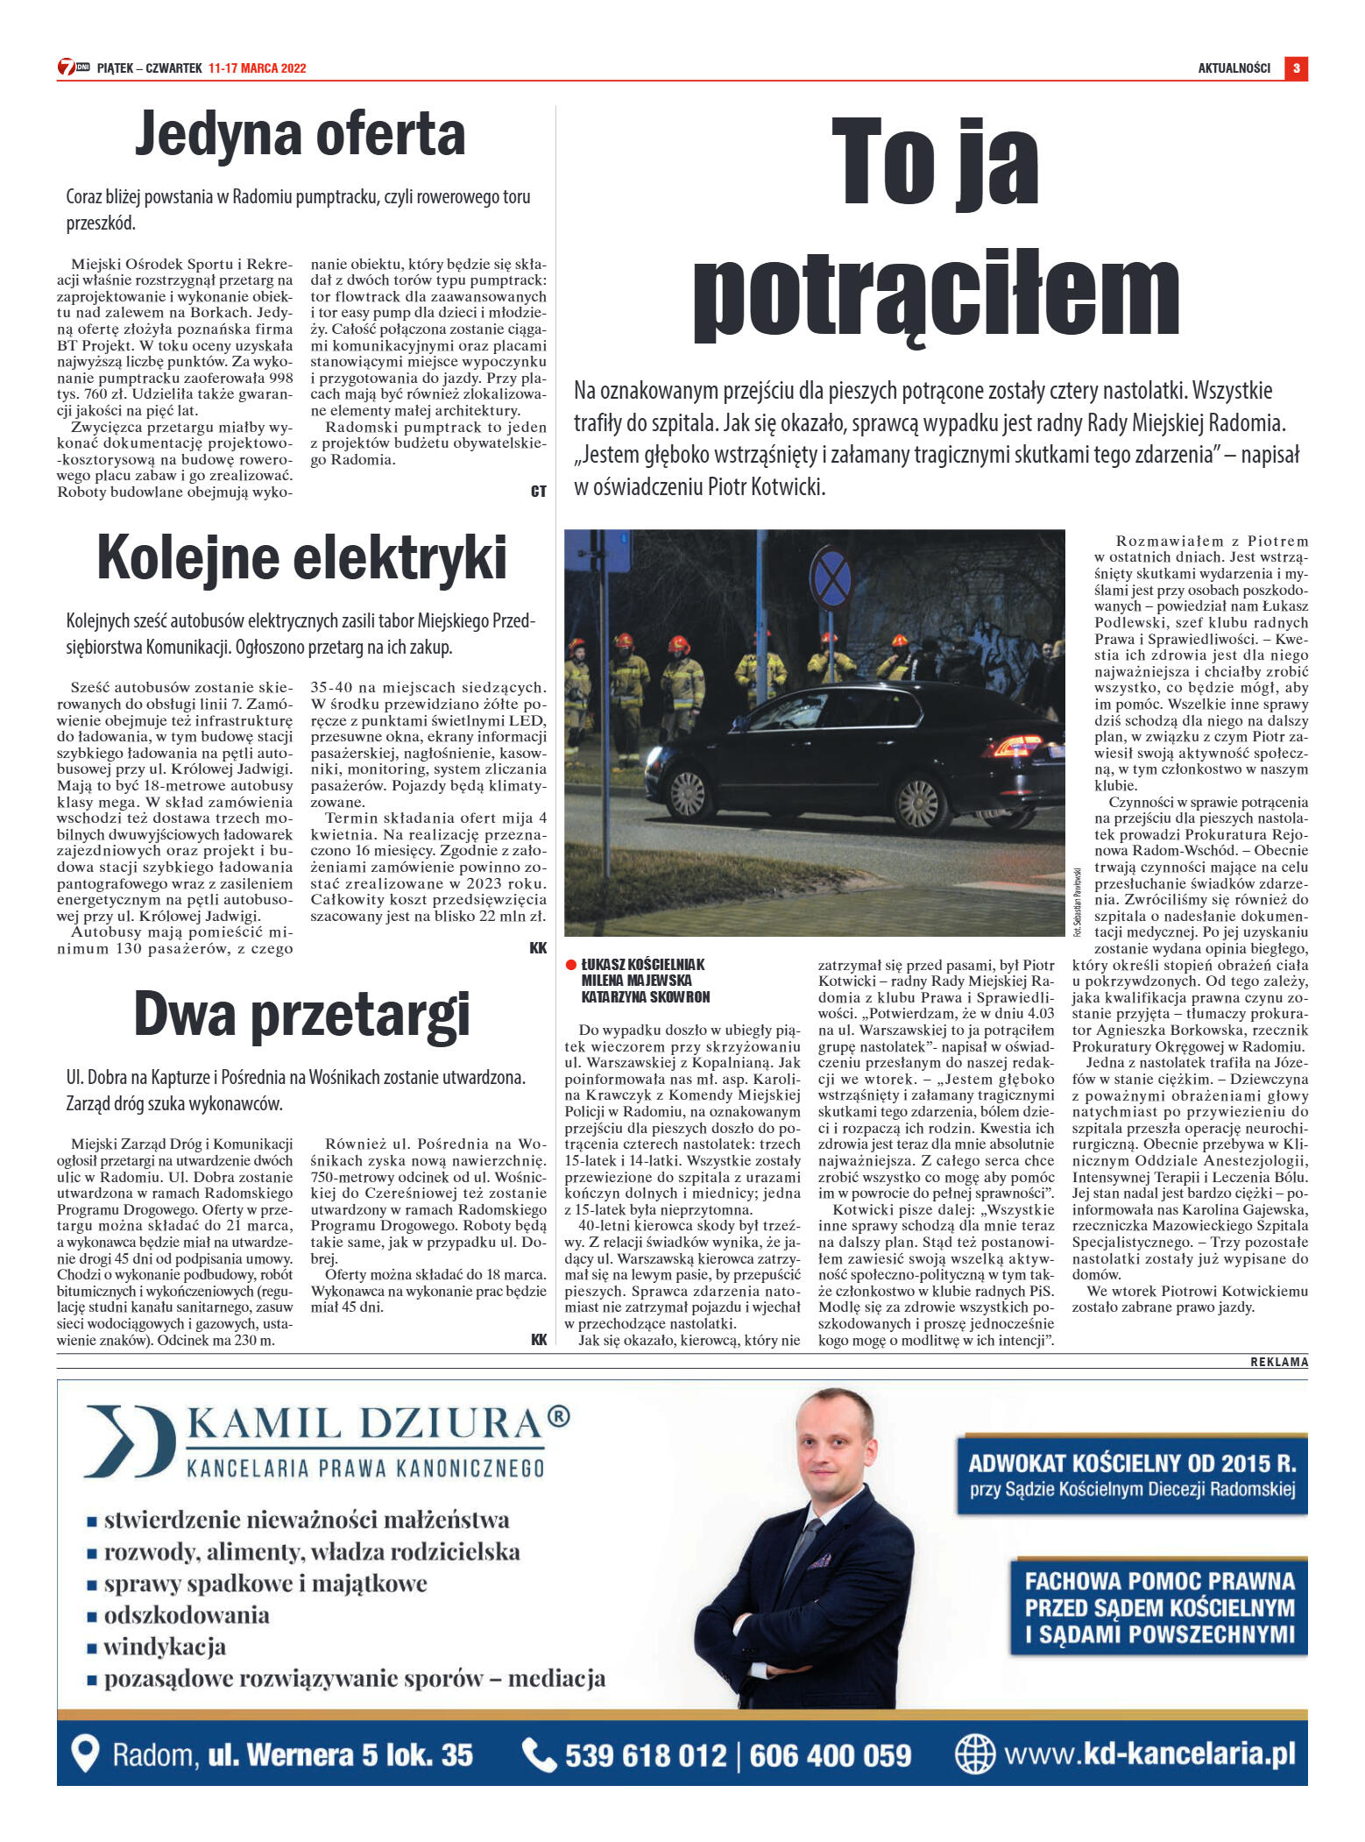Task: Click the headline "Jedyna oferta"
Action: pyautogui.click(x=300, y=135)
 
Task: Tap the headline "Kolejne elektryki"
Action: pyautogui.click(x=301, y=558)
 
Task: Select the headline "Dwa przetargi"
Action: pyautogui.click(x=301, y=1014)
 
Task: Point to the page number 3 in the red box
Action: pyautogui.click(x=1296, y=67)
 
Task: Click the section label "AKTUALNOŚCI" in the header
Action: pyautogui.click(x=1234, y=68)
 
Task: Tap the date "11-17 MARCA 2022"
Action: pyautogui.click(x=257, y=68)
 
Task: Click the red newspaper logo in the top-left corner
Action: pyautogui.click(x=74, y=67)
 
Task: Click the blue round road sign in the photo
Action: pyautogui.click(x=831, y=579)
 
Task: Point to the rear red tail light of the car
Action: pyautogui.click(x=1016, y=747)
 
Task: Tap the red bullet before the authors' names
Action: pyautogui.click(x=571, y=965)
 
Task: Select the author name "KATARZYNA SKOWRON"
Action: pyautogui.click(x=645, y=997)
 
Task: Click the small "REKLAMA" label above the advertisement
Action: pyautogui.click(x=1278, y=1362)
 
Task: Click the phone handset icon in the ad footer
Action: pyautogui.click(x=538, y=1754)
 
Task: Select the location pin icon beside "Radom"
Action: pyautogui.click(x=84, y=1754)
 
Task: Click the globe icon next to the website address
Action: pyautogui.click(x=974, y=1753)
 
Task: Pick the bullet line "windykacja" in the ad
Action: pyautogui.click(x=164, y=1647)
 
